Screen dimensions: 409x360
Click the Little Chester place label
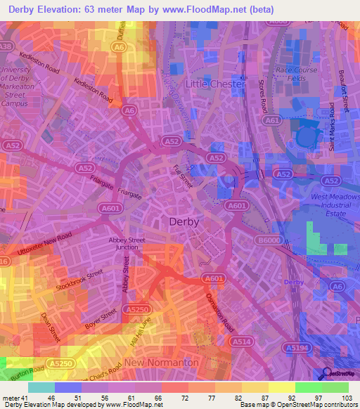214,84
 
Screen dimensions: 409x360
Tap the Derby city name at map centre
185,221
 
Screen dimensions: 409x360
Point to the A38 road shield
6,46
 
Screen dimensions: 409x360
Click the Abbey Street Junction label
127,243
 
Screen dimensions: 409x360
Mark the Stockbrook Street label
80,281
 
